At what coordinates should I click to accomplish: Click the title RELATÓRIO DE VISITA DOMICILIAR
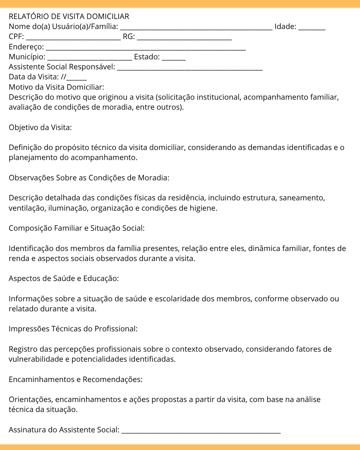(69, 17)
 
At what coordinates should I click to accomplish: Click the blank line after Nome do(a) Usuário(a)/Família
(196, 27)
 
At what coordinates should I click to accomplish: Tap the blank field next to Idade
(312, 27)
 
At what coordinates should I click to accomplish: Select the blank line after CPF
(73, 37)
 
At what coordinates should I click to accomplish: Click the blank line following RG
(184, 37)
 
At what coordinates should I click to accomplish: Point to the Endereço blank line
(146, 47)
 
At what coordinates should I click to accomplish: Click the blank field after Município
(89, 57)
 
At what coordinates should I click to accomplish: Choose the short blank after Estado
(173, 57)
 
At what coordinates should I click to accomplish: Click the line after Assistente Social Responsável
(190, 67)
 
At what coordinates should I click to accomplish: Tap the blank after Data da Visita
(76, 78)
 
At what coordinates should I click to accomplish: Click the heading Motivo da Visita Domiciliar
(56, 87)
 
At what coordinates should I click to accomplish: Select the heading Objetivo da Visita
(40, 128)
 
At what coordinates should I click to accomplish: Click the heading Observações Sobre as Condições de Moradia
(89, 178)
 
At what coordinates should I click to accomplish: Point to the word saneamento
(302, 198)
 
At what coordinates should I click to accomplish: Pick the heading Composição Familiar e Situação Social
(76, 228)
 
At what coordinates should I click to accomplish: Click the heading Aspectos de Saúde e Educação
(64, 279)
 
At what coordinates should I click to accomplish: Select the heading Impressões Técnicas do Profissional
(73, 329)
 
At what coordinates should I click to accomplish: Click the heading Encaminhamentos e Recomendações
(75, 380)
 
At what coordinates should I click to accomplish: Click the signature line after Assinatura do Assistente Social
(201, 430)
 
